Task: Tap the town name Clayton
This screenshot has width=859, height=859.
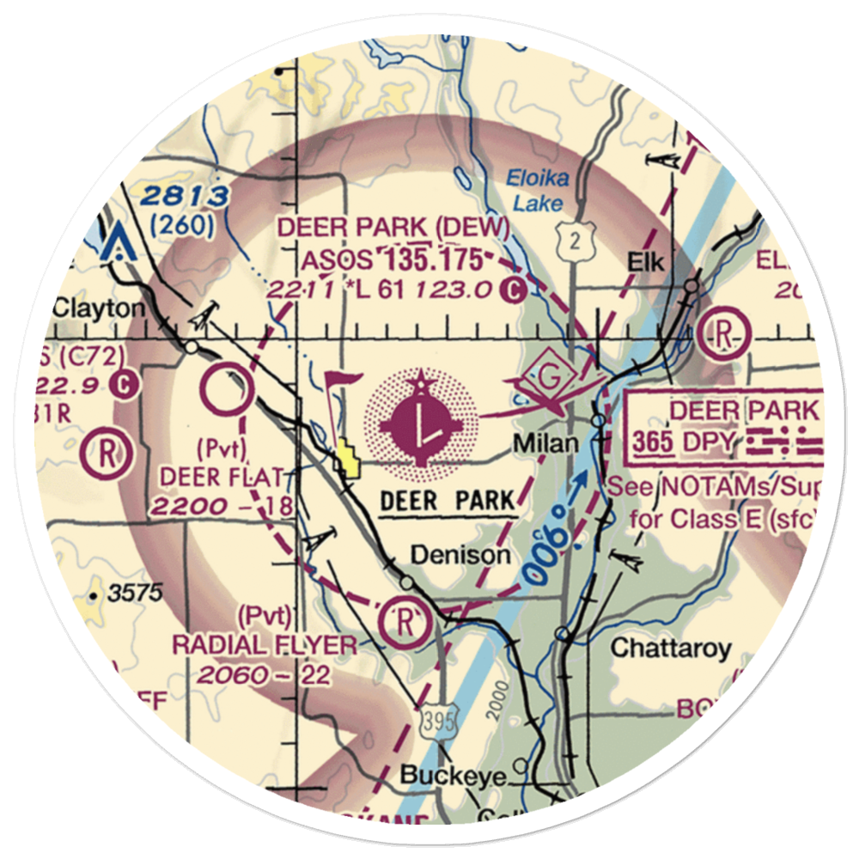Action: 98,308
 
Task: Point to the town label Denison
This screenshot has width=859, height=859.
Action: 460,555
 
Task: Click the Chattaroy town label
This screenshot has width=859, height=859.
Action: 671,647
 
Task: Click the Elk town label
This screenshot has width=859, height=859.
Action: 646,263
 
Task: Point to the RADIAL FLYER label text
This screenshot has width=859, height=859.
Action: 264,645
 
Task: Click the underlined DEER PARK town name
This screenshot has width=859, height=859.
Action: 448,500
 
